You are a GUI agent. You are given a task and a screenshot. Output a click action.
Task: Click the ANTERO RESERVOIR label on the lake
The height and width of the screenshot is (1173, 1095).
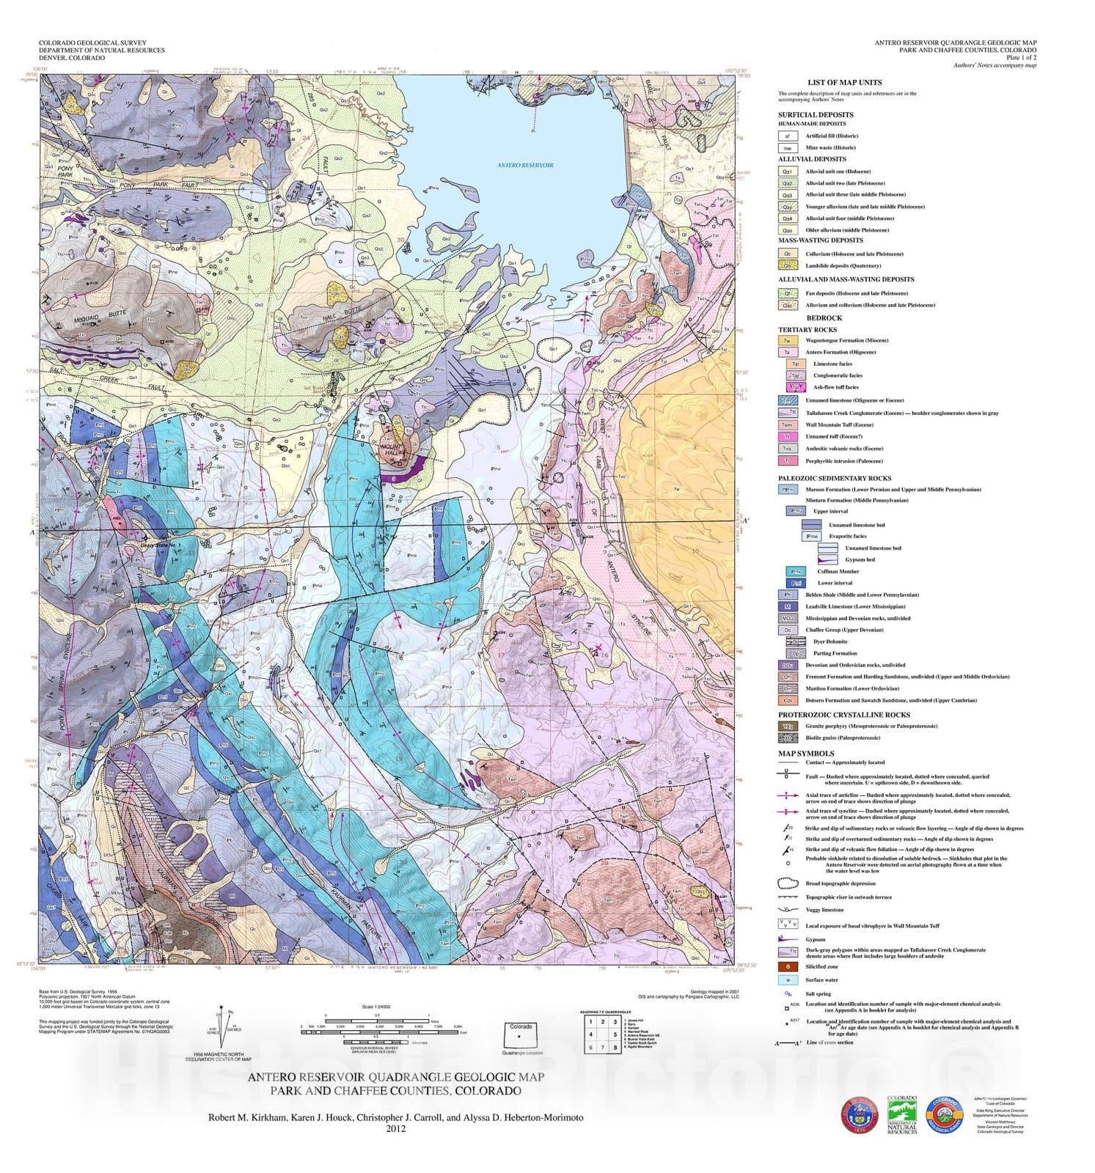point(525,166)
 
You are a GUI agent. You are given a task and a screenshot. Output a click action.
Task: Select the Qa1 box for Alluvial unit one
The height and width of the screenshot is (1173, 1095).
point(787,172)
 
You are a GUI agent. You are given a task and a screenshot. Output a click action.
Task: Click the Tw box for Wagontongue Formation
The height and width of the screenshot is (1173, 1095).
point(787,340)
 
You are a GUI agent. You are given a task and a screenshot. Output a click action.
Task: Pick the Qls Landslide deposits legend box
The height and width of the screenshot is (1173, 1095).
point(787,265)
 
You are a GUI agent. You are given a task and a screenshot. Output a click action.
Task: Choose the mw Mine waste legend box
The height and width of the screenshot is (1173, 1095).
point(787,147)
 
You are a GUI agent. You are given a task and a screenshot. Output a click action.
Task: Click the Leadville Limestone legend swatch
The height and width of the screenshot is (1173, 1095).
point(787,606)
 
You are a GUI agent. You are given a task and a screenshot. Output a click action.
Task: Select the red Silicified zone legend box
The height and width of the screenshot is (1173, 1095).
point(787,966)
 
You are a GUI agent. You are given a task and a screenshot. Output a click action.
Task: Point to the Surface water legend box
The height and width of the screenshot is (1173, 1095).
point(787,979)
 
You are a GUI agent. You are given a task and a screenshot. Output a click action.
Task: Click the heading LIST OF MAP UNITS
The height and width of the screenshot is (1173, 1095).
point(844,83)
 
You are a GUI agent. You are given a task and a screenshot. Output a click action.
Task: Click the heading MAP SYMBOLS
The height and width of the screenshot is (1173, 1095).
point(805,753)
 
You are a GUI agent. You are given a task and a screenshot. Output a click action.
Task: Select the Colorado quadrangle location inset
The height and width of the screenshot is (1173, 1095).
point(521,1037)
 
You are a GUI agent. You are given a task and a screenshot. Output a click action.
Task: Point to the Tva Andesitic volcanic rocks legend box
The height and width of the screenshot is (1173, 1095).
point(787,449)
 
